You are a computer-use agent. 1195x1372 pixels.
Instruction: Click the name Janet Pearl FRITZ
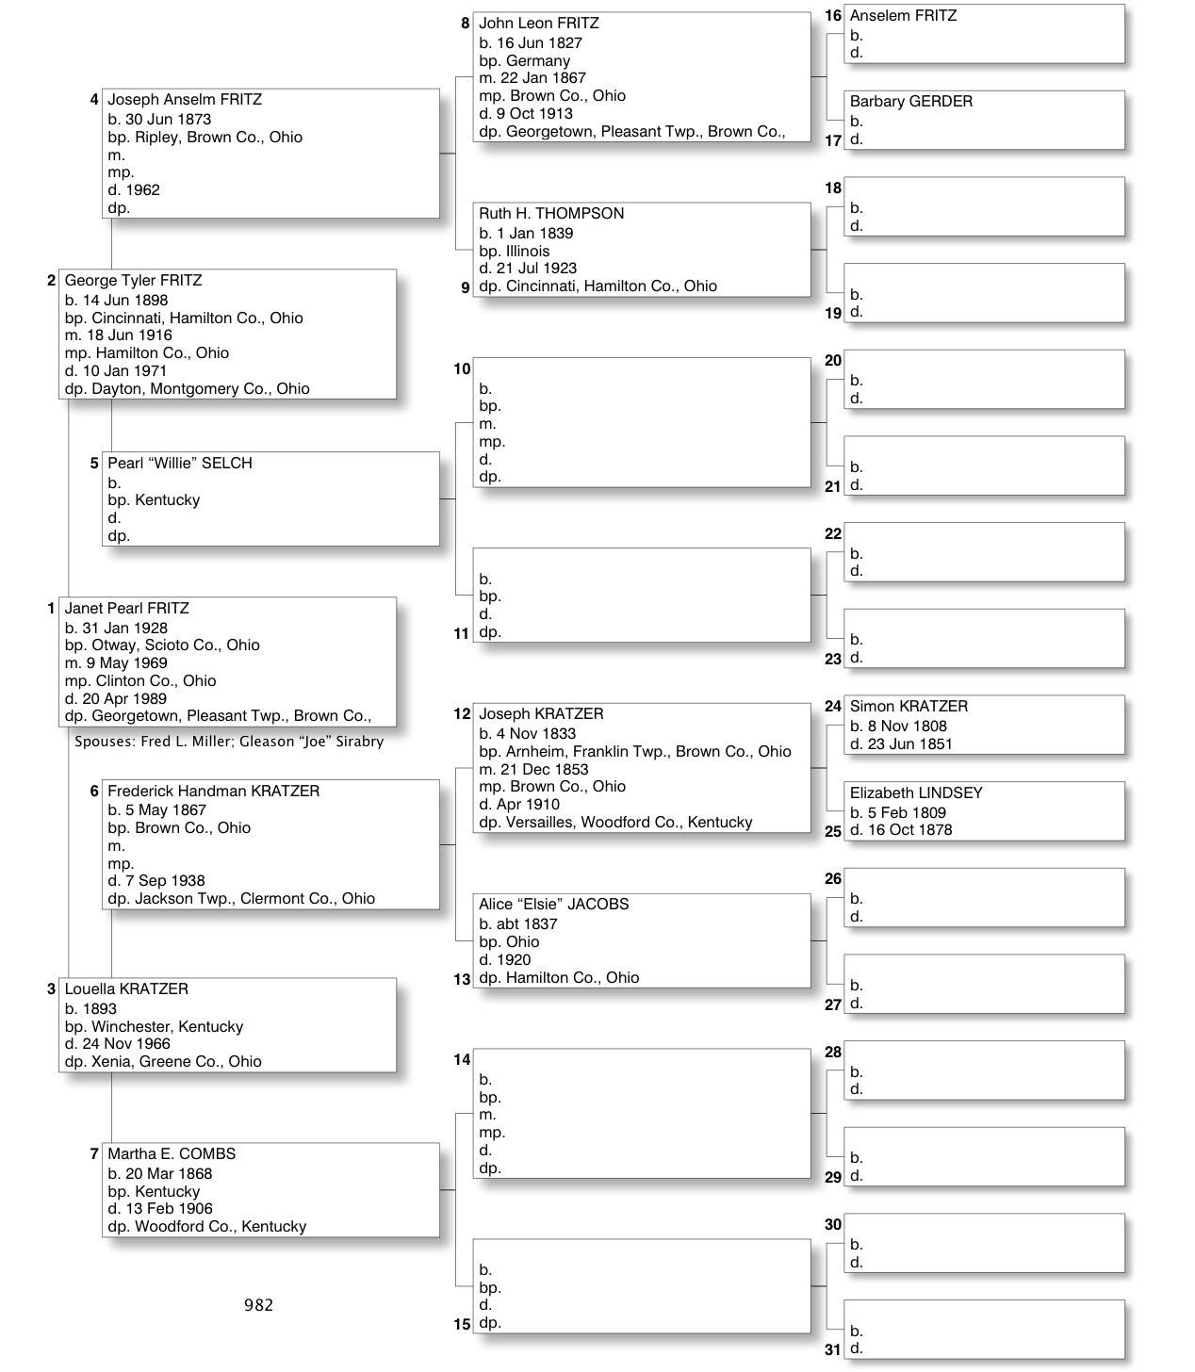[x=126, y=609]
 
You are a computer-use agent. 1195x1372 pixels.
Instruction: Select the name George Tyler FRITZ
[x=133, y=281]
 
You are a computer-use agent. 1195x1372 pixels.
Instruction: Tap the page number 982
[x=258, y=1305]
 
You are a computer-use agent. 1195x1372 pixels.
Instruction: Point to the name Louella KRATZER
[x=126, y=989]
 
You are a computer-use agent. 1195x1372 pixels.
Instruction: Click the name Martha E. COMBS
[x=172, y=1154]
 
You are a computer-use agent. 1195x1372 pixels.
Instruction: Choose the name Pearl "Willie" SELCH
[x=180, y=464]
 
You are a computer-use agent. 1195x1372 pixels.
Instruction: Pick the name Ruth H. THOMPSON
[x=551, y=214]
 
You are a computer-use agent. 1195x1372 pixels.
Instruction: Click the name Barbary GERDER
[x=911, y=102]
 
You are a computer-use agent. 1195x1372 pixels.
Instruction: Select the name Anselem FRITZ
[x=903, y=16]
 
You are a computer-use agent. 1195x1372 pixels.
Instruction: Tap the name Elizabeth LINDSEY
[x=916, y=793]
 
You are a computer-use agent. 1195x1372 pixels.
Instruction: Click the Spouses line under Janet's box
[x=229, y=742]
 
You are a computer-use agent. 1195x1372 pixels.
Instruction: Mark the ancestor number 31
[x=832, y=1350]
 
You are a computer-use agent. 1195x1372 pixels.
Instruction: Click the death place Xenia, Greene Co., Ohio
[x=176, y=1062]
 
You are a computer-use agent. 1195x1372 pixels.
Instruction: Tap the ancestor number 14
[x=462, y=1060]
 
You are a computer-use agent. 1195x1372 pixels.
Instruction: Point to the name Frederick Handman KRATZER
[x=213, y=792]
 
